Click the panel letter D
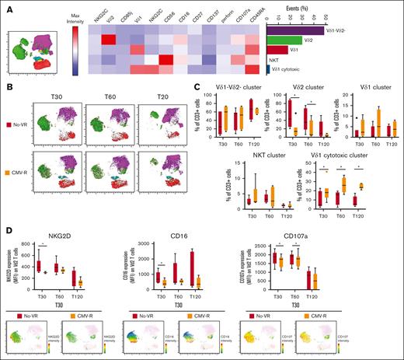[x=7, y=229]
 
